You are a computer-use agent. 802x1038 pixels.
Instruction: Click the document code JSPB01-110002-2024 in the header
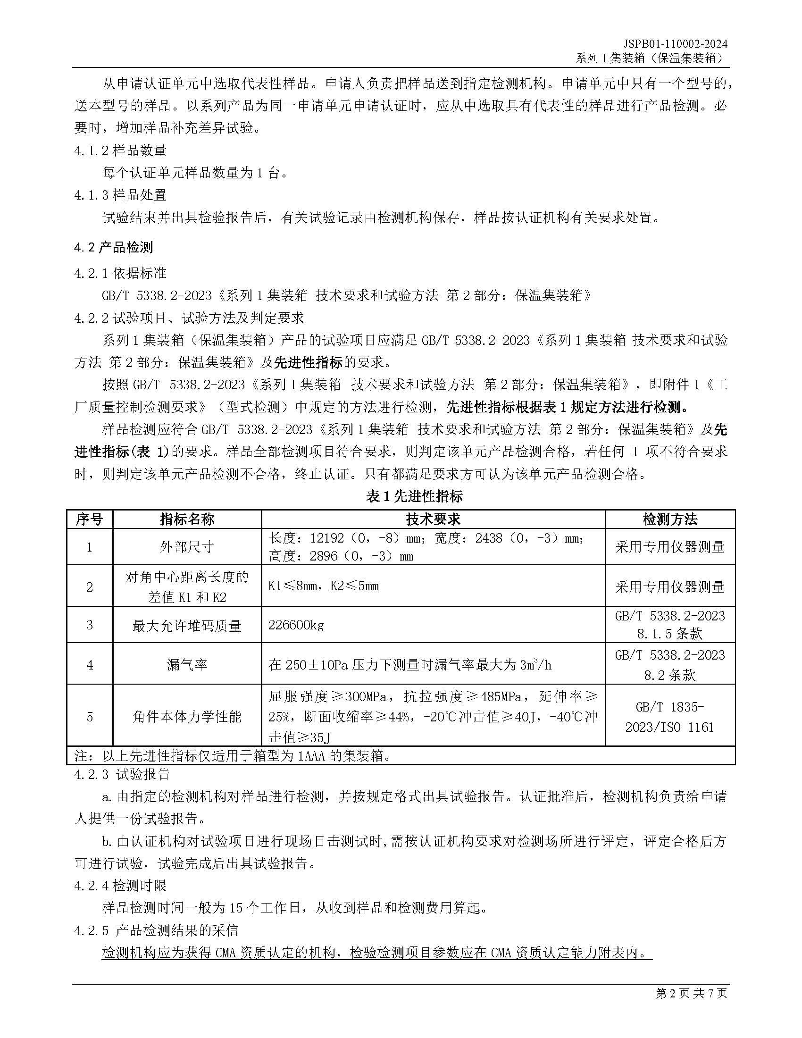(x=676, y=44)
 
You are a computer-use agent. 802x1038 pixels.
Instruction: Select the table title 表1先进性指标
(x=414, y=497)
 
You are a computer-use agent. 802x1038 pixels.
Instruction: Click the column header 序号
(x=89, y=519)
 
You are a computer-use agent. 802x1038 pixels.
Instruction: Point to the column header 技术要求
(x=433, y=519)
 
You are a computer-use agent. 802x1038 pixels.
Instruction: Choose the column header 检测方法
(x=669, y=519)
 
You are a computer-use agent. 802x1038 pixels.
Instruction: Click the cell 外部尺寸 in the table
(x=187, y=546)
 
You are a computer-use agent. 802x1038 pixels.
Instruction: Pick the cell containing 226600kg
(x=296, y=625)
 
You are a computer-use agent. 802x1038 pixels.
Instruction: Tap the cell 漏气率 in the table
(x=187, y=664)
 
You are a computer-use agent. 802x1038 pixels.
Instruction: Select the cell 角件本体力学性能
(x=187, y=716)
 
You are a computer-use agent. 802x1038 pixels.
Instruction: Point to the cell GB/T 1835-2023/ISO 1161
(x=669, y=717)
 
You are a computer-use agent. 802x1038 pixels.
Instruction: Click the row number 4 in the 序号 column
(x=89, y=664)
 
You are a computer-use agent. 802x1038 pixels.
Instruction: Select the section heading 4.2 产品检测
(x=114, y=247)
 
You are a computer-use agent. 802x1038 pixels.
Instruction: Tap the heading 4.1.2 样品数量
(x=120, y=151)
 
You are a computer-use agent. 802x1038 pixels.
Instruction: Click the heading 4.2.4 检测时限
(x=120, y=886)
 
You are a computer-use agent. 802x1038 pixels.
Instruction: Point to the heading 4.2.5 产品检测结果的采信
(x=156, y=930)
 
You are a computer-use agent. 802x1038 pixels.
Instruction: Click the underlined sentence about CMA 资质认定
(x=376, y=953)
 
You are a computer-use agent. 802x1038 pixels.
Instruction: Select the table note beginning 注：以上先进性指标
(x=233, y=756)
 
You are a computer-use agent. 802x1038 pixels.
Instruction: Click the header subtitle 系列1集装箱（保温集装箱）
(x=651, y=58)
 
